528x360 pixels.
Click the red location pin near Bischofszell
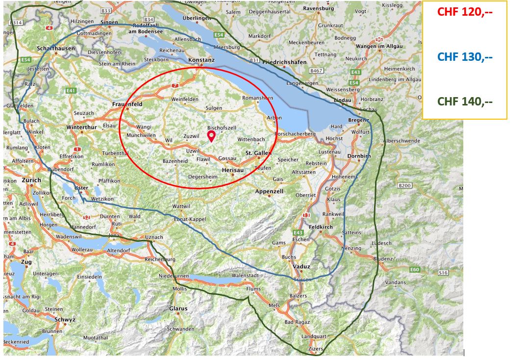pyautogui.click(x=212, y=136)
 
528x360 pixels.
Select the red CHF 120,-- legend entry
pyautogui.click(x=464, y=12)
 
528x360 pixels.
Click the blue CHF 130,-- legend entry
pyautogui.click(x=464, y=57)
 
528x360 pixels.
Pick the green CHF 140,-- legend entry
pyautogui.click(x=464, y=102)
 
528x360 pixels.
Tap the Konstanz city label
pyautogui.click(x=201, y=60)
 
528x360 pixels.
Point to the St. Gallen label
pyautogui.click(x=258, y=154)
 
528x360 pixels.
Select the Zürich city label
pyautogui.click(x=31, y=180)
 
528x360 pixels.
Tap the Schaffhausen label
pyautogui.click(x=55, y=49)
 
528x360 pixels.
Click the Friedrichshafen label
pyautogui.click(x=284, y=62)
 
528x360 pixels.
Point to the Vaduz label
pyautogui.click(x=302, y=266)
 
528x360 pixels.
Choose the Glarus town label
pyautogui.click(x=178, y=309)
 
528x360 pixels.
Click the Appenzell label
pyautogui.click(x=269, y=191)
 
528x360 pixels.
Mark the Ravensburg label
pyautogui.click(x=318, y=9)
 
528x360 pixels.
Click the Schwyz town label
pyautogui.click(x=65, y=319)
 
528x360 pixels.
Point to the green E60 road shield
pyautogui.click(x=415, y=269)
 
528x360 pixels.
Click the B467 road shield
pyautogui.click(x=316, y=71)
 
